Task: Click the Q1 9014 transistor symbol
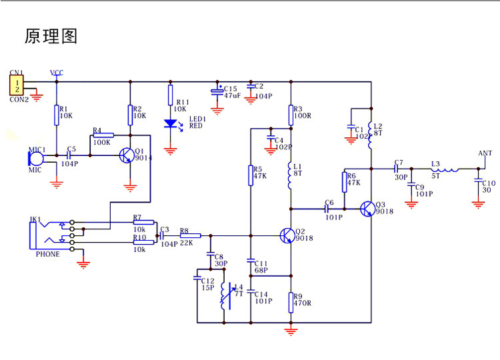(127, 155)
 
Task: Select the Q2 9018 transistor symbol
(287, 236)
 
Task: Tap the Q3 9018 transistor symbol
(367, 209)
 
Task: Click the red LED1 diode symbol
(170, 124)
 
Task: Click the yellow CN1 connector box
(17, 85)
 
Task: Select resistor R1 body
(57, 115)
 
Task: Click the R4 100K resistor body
(103, 135)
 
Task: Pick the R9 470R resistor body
(291, 302)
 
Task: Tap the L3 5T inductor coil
(445, 169)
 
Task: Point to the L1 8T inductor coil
(290, 175)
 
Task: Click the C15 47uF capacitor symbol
(217, 91)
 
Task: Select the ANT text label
(485, 153)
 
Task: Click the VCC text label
(57, 73)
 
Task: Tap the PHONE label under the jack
(47, 254)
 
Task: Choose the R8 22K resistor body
(191, 235)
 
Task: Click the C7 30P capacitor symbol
(397, 169)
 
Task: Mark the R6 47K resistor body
(345, 182)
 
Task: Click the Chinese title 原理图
(51, 36)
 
